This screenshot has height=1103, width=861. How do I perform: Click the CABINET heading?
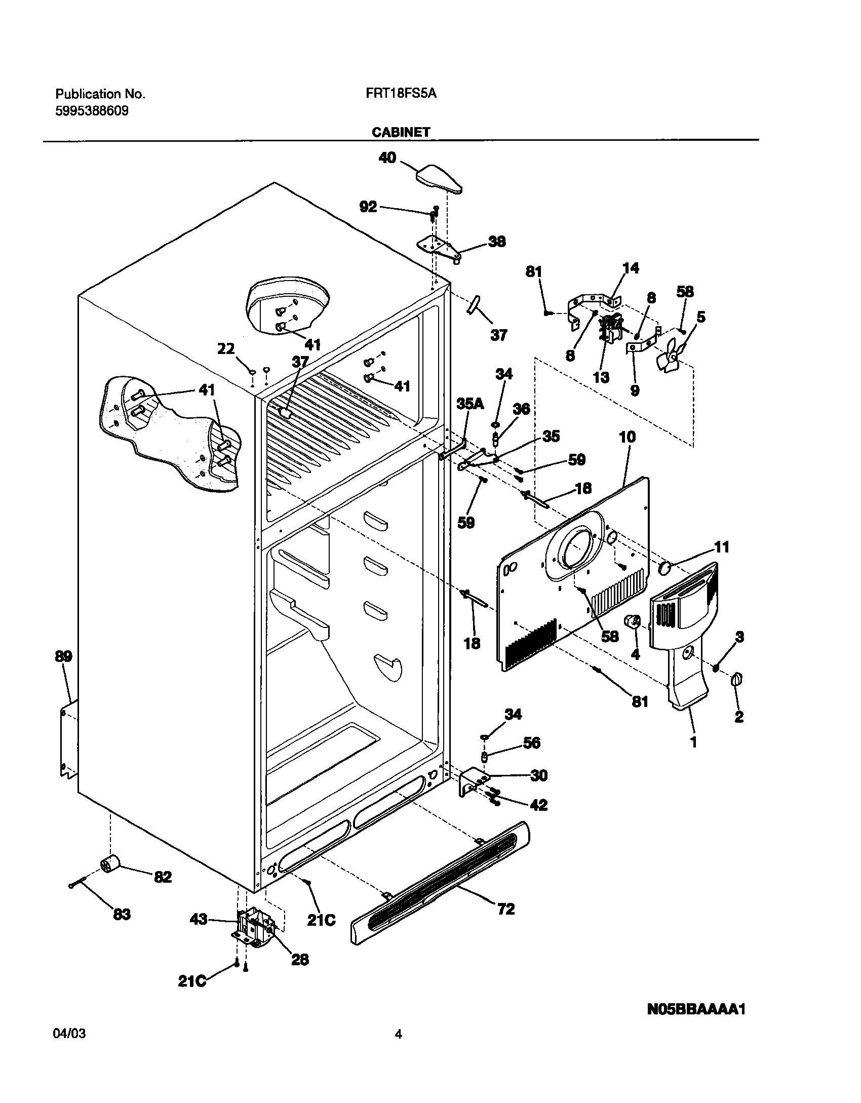tap(401, 132)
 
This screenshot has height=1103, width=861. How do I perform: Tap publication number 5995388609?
tap(92, 111)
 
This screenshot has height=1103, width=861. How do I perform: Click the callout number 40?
tap(387, 158)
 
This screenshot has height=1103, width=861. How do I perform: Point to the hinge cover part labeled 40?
tap(438, 179)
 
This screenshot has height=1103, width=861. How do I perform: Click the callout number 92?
tap(368, 207)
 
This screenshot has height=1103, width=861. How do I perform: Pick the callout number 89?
tap(63, 656)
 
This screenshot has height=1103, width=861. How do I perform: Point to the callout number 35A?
tap(470, 403)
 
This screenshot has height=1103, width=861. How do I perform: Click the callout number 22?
tap(226, 349)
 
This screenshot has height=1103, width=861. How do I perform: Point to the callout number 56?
tap(532, 743)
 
